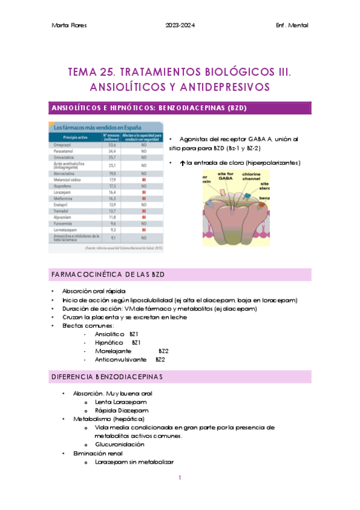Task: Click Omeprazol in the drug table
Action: [x=63, y=145]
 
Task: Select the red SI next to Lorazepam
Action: [x=143, y=192]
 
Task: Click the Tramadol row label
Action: [x=62, y=211]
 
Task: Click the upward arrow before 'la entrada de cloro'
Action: [x=182, y=163]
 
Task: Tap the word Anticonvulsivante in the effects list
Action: [x=120, y=359]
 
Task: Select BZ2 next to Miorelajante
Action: [x=163, y=351]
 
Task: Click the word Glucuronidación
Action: [x=120, y=444]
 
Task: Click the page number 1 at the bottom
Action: [x=180, y=478]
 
